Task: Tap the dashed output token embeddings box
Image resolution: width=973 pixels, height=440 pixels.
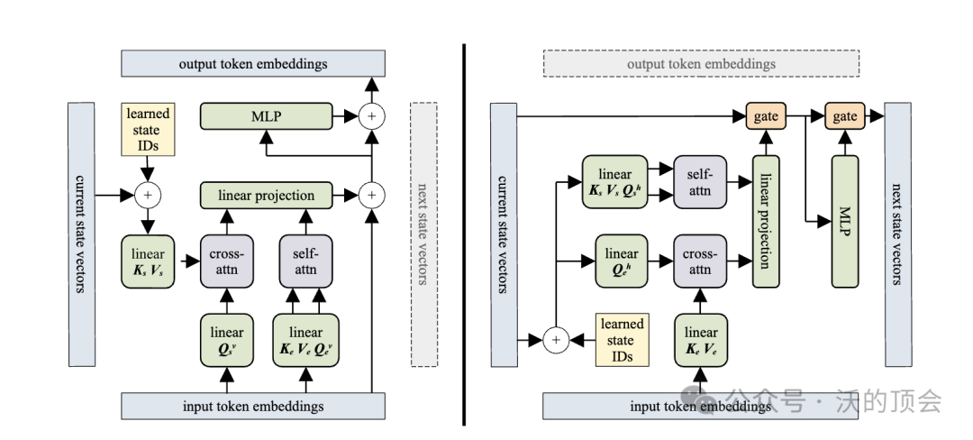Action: click(701, 64)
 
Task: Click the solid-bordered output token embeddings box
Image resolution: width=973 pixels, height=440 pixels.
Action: click(253, 64)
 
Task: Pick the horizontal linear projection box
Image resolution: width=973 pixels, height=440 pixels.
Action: click(266, 195)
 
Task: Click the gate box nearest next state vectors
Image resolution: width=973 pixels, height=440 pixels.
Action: click(844, 115)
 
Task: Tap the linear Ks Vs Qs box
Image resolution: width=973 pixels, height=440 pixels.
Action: click(614, 181)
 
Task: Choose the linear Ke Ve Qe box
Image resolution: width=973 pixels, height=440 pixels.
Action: click(305, 341)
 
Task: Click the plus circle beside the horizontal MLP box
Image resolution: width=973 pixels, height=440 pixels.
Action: click(370, 115)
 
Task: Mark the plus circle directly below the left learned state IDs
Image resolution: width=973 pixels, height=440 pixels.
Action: click(147, 194)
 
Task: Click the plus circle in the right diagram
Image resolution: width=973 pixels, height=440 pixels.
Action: click(556, 340)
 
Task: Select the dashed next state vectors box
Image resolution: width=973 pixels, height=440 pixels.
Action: click(423, 234)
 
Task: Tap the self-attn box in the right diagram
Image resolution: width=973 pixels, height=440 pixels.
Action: click(699, 181)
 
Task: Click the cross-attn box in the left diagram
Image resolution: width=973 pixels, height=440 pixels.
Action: click(226, 261)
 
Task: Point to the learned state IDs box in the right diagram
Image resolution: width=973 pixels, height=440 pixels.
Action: click(623, 340)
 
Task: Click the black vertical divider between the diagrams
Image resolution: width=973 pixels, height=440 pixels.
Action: click(464, 234)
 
